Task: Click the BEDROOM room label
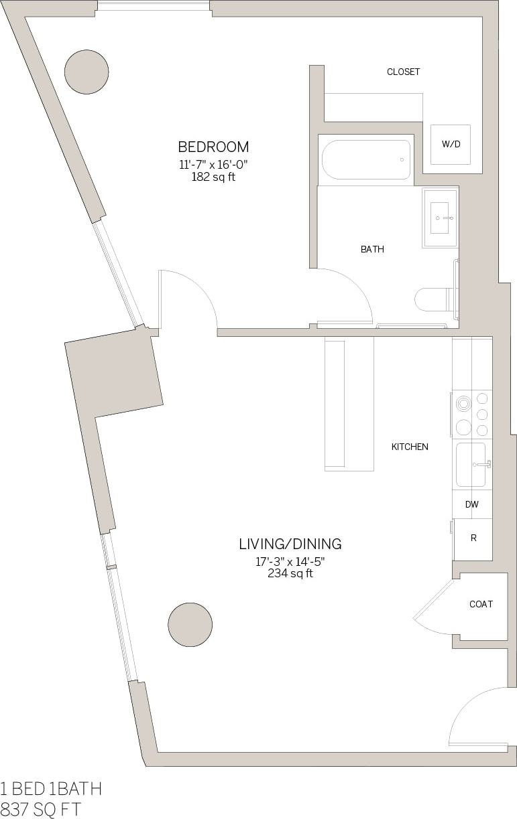click(x=213, y=147)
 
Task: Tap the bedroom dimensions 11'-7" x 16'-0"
click(x=213, y=164)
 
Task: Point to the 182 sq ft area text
click(x=213, y=177)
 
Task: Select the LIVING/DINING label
click(x=290, y=544)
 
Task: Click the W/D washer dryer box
click(x=451, y=145)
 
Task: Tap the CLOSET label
click(x=403, y=72)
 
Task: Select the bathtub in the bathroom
click(x=365, y=159)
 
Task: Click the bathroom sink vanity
click(x=440, y=218)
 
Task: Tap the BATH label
click(x=372, y=249)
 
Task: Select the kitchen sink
click(x=471, y=464)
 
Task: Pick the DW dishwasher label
click(x=472, y=504)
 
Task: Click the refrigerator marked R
click(x=473, y=538)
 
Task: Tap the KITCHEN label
click(x=410, y=447)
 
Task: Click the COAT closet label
click(x=481, y=604)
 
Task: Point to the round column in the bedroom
click(x=87, y=72)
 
